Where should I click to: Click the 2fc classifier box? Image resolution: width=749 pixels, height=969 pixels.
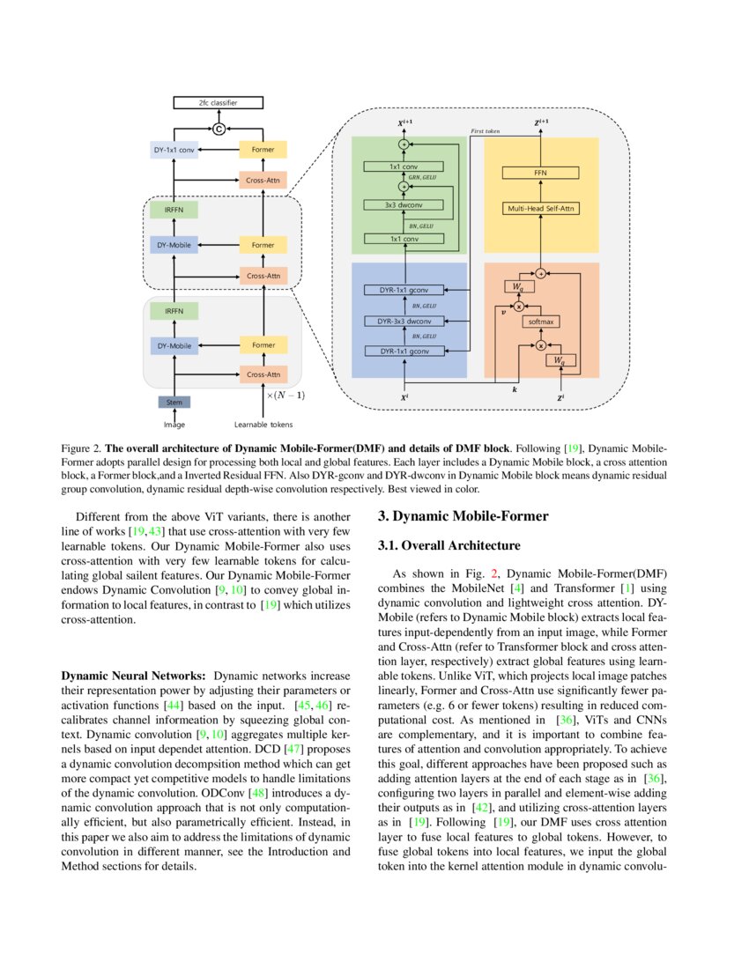(218, 103)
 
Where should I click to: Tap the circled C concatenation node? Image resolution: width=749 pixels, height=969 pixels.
(219, 129)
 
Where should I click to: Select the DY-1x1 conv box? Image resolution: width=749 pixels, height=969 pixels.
(174, 151)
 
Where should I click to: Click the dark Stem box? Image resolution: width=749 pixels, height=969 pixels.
(174, 402)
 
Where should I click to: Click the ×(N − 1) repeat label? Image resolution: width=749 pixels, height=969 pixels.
(286, 396)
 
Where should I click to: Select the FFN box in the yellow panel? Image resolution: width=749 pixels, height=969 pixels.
(540, 174)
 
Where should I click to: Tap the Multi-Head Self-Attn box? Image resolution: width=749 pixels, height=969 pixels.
(540, 209)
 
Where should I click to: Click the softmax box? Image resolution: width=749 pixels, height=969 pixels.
(541, 322)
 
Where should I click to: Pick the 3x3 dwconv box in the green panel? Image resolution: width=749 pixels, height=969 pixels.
(403, 204)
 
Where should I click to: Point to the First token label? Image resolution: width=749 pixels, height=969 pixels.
(486, 130)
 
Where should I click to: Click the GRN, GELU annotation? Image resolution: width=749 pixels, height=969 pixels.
(424, 177)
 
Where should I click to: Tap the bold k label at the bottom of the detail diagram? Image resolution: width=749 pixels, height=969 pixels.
(515, 388)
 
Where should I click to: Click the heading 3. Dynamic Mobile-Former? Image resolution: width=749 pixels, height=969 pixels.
(463, 516)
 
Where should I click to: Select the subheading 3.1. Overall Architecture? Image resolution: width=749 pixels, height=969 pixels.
(449, 546)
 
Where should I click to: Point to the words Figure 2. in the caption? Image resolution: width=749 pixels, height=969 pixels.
(81, 448)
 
